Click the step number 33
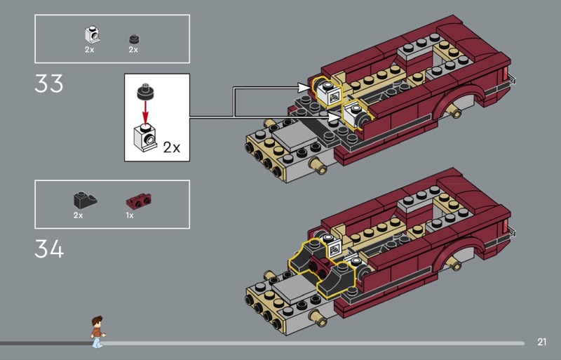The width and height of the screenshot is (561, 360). coord(48,84)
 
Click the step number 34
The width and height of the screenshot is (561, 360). coord(49,249)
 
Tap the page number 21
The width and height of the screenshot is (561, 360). coord(541,342)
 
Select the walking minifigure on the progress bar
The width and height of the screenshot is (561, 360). coord(97,332)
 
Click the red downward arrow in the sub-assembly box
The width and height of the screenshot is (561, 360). coord(145,112)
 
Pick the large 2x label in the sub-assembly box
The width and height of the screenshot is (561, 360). coord(172,147)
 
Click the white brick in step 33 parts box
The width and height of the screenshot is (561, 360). coord(93,35)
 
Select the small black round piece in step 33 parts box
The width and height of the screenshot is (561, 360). coord(134,39)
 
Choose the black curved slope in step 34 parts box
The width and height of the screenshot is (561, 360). coord(85,200)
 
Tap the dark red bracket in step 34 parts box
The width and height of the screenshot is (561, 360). coord(138,201)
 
